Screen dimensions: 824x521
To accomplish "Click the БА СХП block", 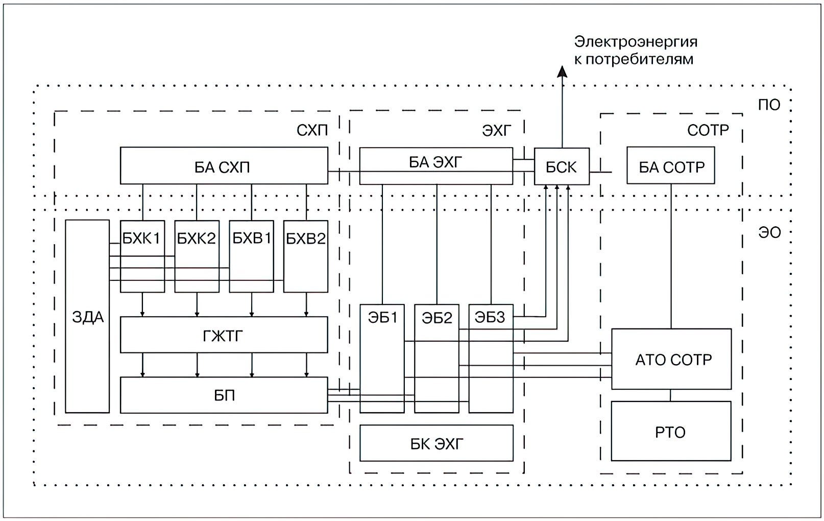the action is click(x=224, y=165).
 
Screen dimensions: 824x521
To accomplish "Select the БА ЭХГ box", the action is click(x=436, y=166).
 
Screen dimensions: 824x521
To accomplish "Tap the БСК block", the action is click(x=562, y=167).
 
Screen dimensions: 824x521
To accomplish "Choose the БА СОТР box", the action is click(x=671, y=165).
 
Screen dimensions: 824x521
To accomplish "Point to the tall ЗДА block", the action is click(x=87, y=316).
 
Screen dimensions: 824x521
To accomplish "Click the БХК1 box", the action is click(x=142, y=256).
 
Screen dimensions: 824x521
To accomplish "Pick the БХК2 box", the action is click(x=197, y=256).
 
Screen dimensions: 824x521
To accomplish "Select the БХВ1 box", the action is click(x=251, y=256).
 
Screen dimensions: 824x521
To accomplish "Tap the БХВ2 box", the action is click(x=306, y=256).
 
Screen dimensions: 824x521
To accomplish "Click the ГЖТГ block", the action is click(x=224, y=335).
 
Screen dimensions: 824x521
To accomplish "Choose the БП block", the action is click(x=224, y=395).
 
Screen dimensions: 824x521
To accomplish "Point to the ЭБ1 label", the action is click(x=382, y=318).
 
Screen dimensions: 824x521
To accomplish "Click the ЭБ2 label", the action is click(x=437, y=318).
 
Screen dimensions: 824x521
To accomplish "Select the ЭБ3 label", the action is click(x=490, y=317).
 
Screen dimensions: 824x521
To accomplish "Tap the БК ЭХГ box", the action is click(x=437, y=443).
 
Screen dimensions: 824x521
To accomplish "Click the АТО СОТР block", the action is click(x=671, y=359).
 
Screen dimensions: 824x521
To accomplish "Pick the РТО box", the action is click(x=671, y=431).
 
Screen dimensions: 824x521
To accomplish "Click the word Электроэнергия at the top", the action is click(x=636, y=42).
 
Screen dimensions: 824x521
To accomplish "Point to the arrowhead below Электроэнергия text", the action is click(x=562, y=72).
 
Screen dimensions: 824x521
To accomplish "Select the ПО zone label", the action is click(x=769, y=105).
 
